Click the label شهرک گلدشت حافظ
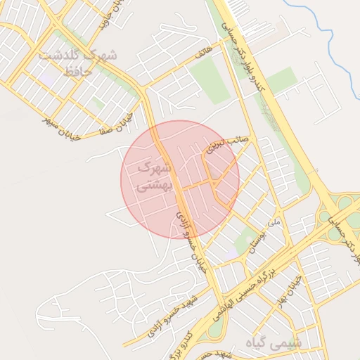77,63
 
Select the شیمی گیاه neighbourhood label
274,342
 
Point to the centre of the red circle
180,179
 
